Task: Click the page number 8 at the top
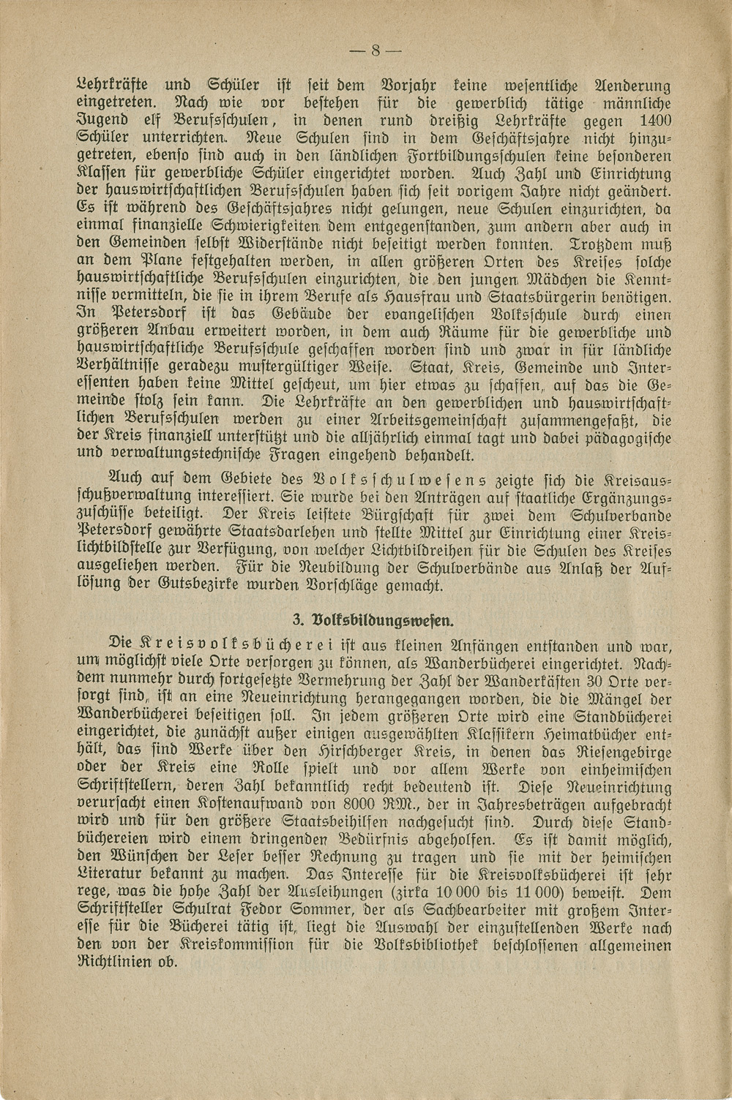click(x=373, y=50)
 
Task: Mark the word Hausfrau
click(x=434, y=296)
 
